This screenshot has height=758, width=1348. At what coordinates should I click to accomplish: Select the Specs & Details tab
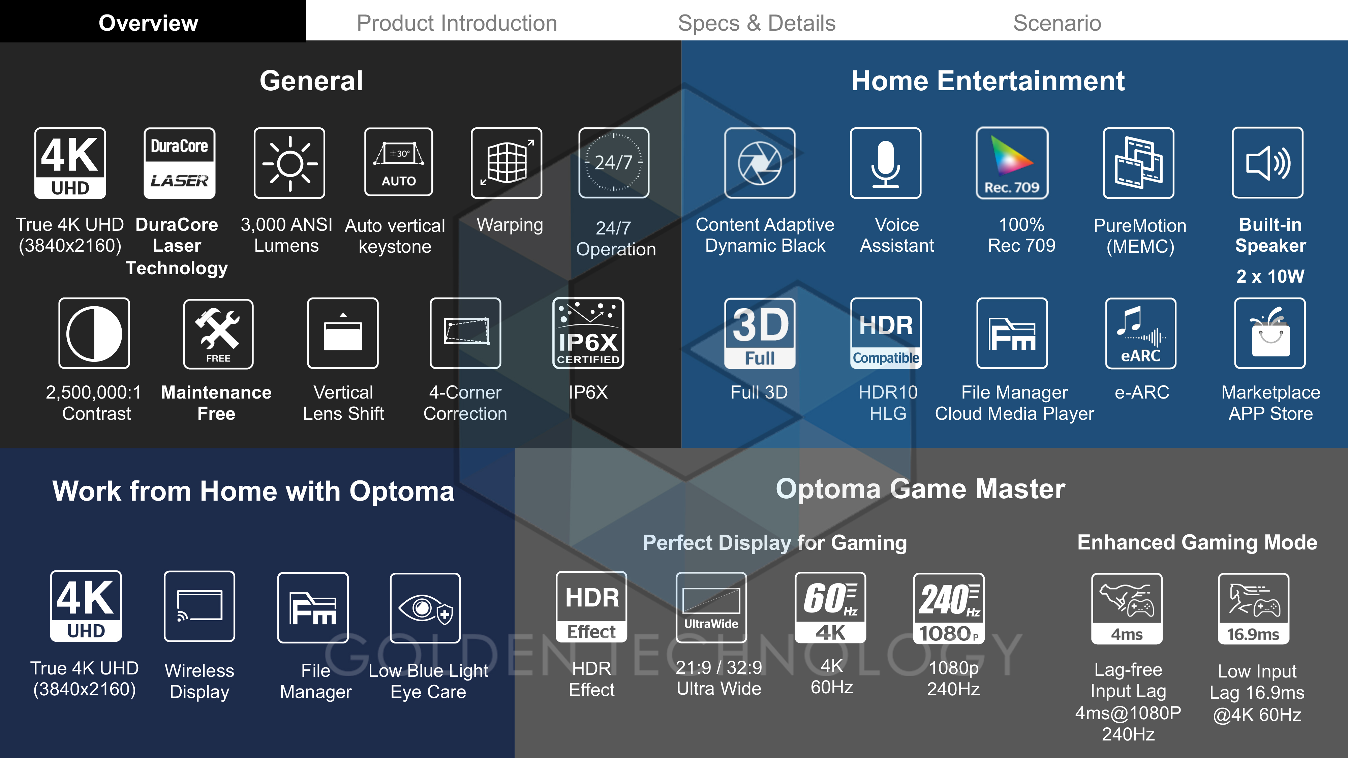click(757, 23)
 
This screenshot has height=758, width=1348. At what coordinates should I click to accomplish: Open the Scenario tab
click(1057, 23)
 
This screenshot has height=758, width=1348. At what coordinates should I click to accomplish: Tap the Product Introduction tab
click(457, 23)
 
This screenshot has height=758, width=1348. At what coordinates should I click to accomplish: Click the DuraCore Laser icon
click(180, 163)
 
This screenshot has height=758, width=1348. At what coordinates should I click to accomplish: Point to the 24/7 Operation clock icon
click(614, 163)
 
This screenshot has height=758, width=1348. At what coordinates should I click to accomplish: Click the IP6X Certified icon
click(588, 333)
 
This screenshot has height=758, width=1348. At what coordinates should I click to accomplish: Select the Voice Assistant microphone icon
click(885, 163)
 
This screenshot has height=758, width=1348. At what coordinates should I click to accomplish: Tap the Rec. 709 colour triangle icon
click(1012, 163)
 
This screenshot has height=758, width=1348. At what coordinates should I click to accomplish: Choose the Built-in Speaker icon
click(1268, 163)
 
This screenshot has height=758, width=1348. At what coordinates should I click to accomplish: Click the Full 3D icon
click(760, 333)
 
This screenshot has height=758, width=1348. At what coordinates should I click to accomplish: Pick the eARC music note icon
click(1141, 333)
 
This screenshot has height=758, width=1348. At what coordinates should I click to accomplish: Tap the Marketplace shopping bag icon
click(1270, 333)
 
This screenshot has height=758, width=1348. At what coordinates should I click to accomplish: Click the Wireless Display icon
click(200, 606)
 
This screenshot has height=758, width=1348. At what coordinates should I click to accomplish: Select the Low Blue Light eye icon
click(425, 608)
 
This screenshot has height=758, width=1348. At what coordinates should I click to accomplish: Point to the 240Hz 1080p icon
click(949, 608)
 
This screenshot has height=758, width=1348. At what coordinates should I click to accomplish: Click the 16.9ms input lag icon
click(1254, 609)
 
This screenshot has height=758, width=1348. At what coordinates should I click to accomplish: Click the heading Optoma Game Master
click(920, 489)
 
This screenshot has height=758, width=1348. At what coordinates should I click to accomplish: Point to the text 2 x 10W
click(1270, 276)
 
